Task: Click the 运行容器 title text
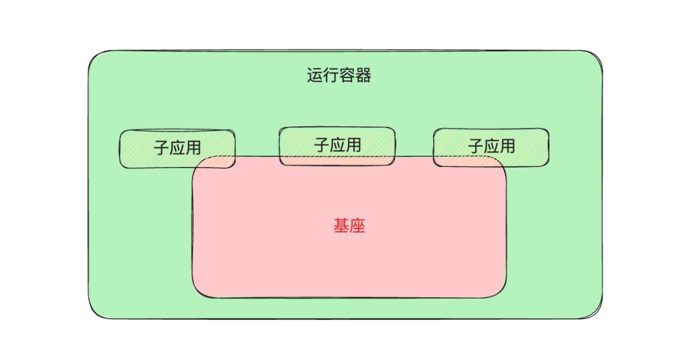coord(339,76)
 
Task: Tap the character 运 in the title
coord(315,76)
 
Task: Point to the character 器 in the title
coord(363,76)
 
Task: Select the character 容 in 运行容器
coord(347,76)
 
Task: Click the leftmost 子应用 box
coord(177,149)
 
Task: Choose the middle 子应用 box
coord(337,146)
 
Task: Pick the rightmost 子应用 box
coord(491,147)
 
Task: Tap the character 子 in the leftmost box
coord(161,149)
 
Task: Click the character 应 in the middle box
coord(338,145)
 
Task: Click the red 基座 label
coord(349,226)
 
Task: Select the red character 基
coord(341,226)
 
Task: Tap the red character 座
coord(358,226)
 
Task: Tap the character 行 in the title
coord(331,76)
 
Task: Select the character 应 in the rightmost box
coord(492,147)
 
